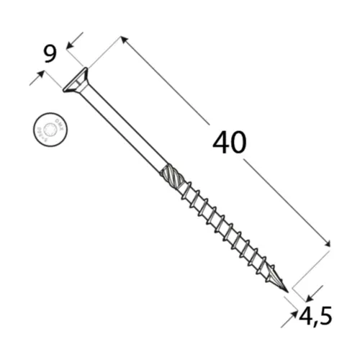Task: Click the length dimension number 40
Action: coord(230,143)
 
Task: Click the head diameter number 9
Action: coord(50,54)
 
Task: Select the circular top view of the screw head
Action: coord(49,130)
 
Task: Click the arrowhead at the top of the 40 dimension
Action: coord(124,40)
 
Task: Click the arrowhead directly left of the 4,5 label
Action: coord(295,314)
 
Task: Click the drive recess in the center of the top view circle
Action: coord(49,130)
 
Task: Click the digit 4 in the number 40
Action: coord(220,143)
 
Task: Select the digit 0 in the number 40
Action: coord(240,143)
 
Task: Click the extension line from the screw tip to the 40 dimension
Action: coord(310,267)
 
